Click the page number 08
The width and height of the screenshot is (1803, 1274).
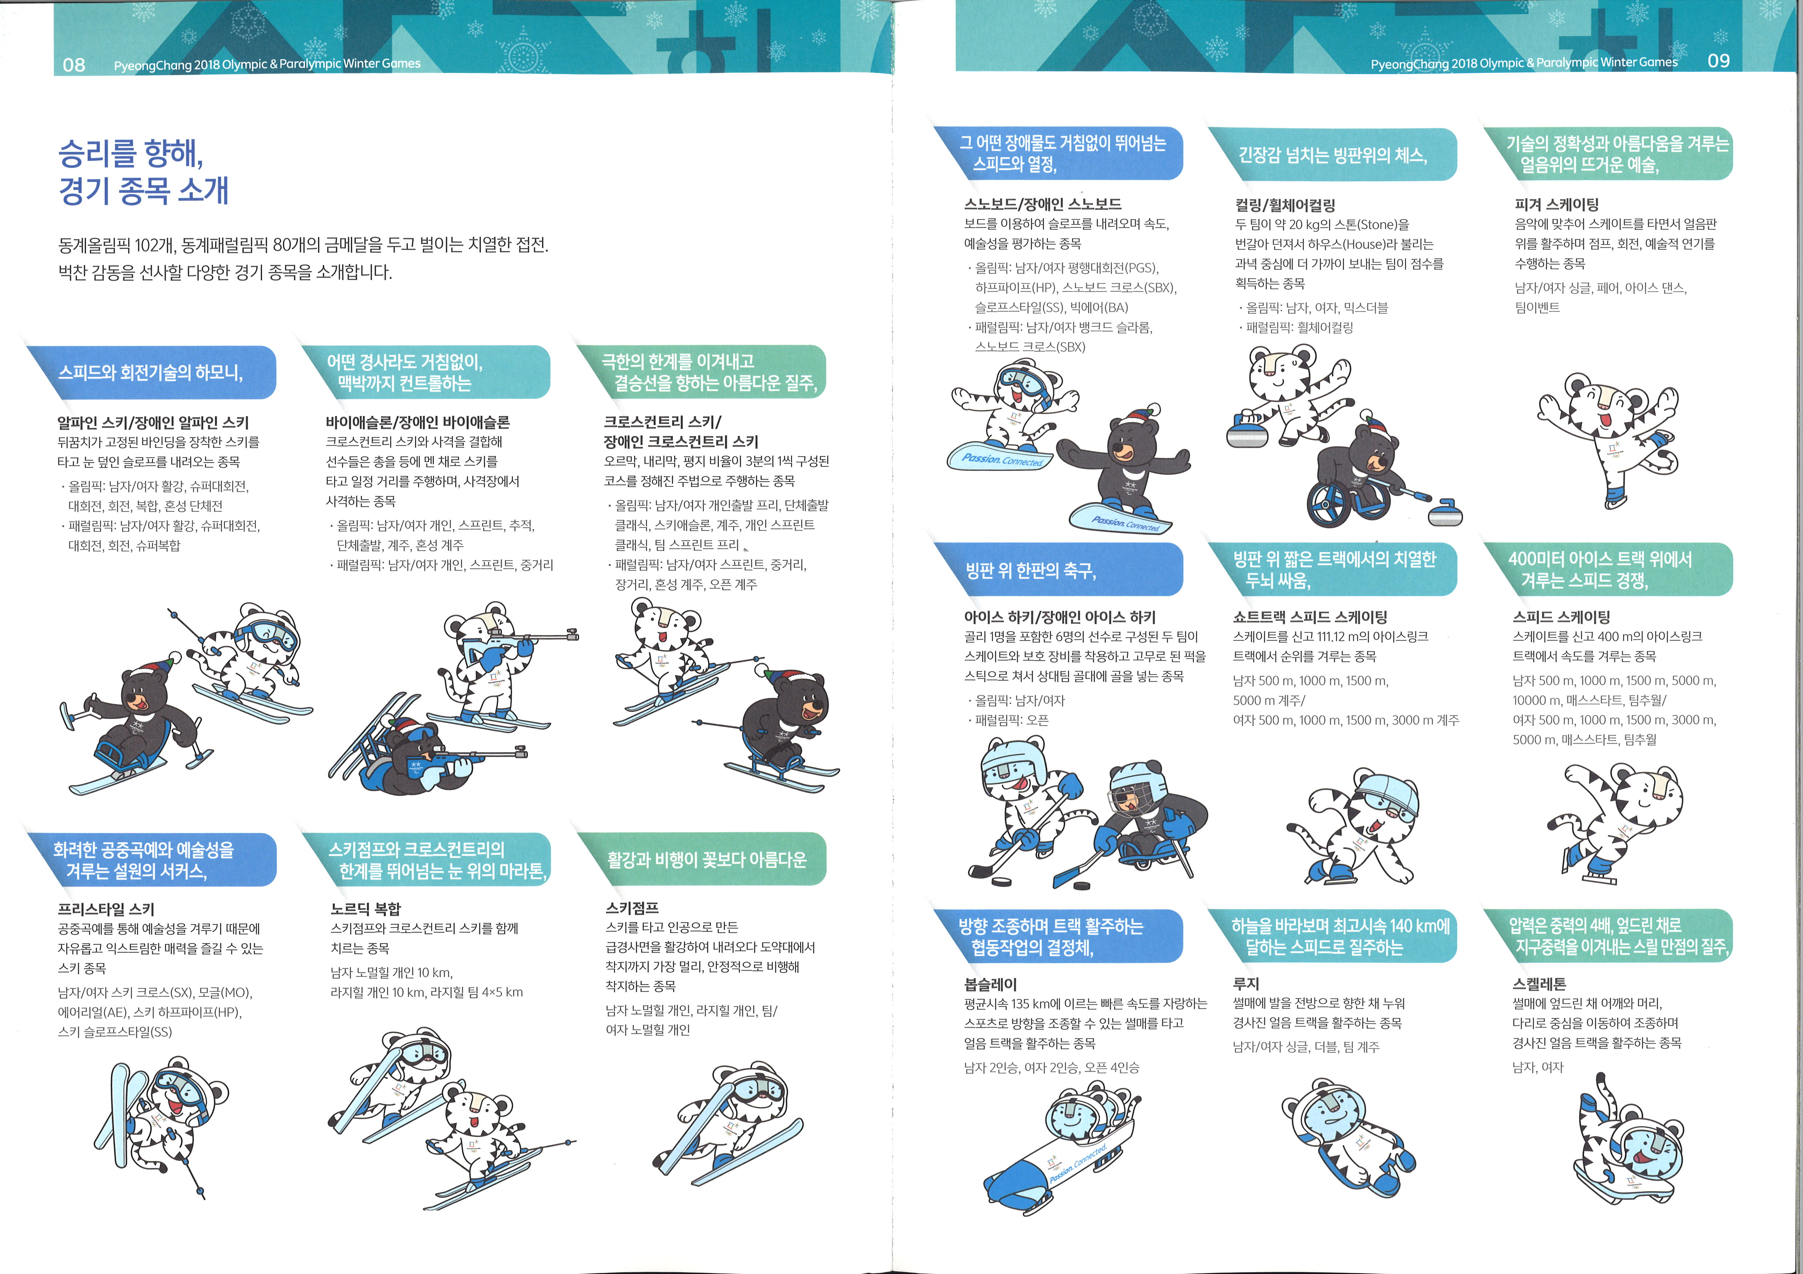[74, 64]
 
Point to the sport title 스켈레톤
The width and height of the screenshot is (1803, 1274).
[1539, 983]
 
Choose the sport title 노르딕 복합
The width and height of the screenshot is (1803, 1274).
[366, 908]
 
